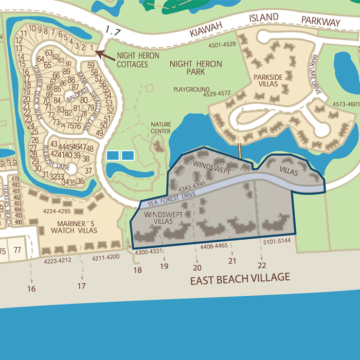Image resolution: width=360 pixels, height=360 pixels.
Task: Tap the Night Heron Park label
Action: coord(195,68)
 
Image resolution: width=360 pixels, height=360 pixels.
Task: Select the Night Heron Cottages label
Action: coord(138,60)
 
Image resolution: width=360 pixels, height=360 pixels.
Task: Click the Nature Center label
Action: coord(160,128)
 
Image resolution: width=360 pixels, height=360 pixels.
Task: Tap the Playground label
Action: coord(191,89)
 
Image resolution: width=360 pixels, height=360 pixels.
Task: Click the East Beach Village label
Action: coord(240,279)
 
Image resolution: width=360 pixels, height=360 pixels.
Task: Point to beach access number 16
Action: coord(31,289)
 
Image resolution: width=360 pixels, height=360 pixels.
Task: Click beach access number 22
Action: coord(262,265)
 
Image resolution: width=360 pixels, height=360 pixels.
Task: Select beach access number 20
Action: coord(197,267)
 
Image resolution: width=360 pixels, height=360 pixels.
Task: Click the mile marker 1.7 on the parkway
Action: coord(112,32)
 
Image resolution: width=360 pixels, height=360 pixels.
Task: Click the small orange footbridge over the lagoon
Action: coord(240,152)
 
